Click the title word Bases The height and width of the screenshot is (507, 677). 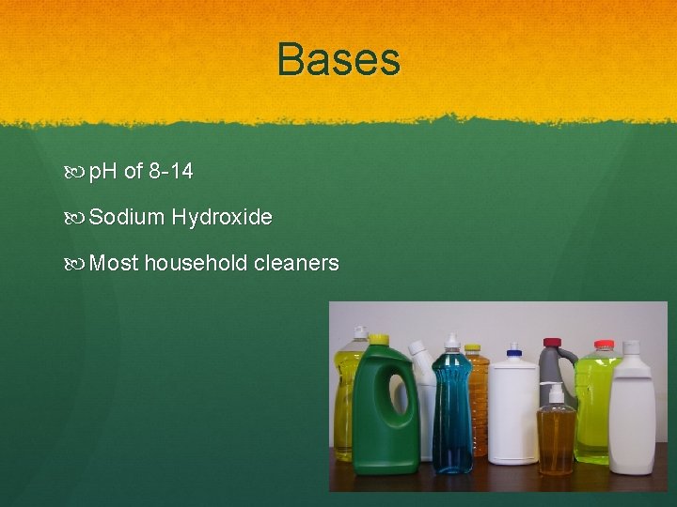[338, 58]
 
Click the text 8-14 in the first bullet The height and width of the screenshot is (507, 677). [171, 172]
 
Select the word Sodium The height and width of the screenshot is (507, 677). [127, 218]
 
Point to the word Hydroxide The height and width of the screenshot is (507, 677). [222, 218]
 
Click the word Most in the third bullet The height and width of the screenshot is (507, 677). [114, 263]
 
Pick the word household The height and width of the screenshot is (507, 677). [196, 263]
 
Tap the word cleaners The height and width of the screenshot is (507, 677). [296, 263]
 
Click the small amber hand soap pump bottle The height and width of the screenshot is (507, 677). [557, 437]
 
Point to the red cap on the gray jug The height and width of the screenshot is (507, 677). [554, 344]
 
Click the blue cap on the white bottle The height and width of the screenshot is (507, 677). [512, 355]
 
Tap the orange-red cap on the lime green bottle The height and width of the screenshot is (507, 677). [603, 345]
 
